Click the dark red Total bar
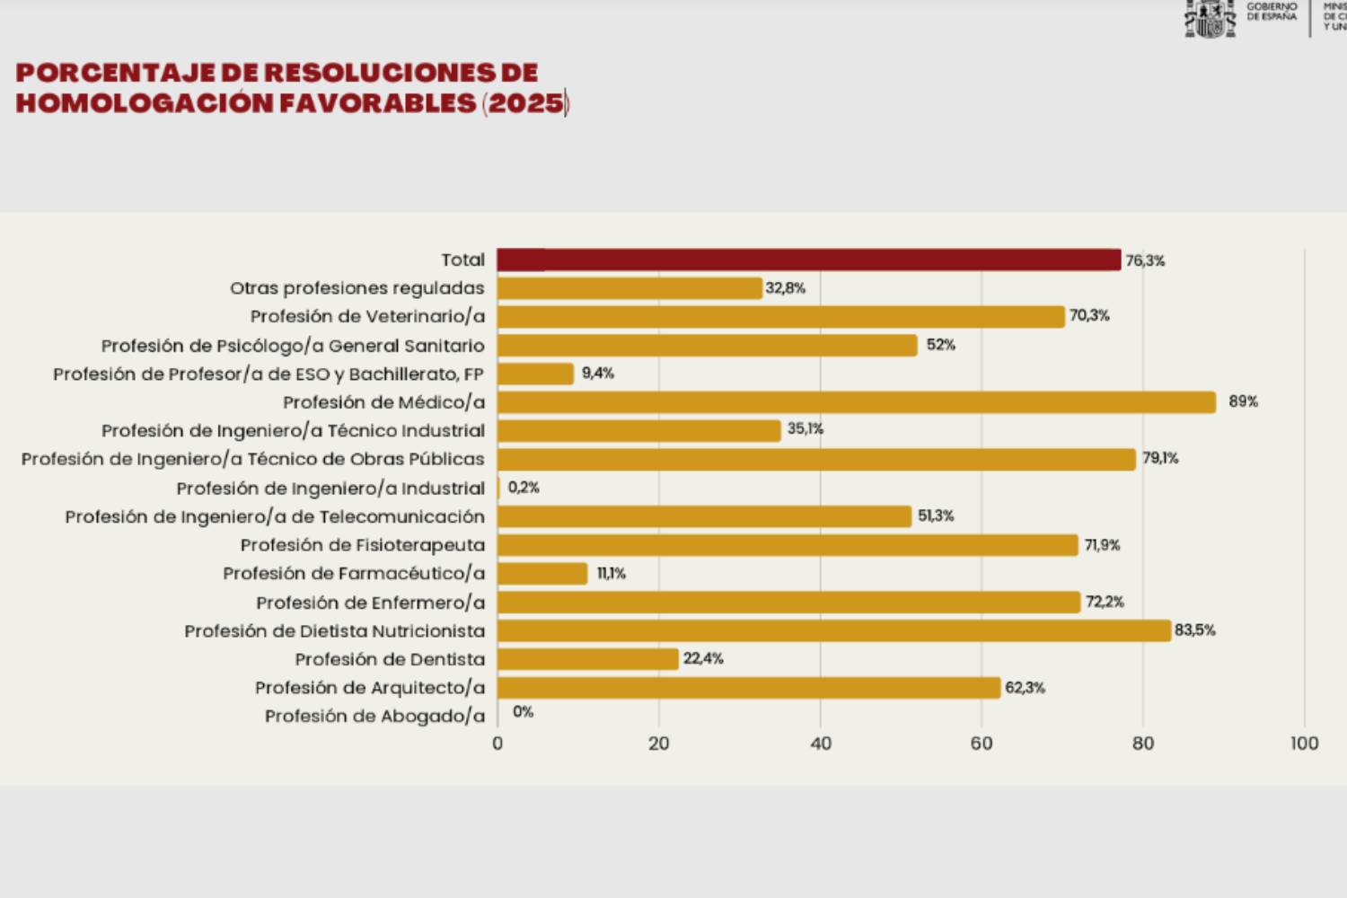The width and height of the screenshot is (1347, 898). click(808, 260)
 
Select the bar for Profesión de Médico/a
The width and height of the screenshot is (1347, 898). click(856, 402)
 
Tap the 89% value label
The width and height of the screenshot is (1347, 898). click(1243, 401)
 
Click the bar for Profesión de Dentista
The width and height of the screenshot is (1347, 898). click(587, 659)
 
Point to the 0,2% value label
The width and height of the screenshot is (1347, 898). click(524, 488)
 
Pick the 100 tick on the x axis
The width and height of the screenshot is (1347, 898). click(1304, 744)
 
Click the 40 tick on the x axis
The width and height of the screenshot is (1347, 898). click(820, 744)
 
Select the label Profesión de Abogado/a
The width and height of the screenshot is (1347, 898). click(374, 717)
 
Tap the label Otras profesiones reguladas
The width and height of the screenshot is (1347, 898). click(357, 288)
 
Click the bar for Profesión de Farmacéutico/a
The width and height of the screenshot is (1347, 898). click(542, 574)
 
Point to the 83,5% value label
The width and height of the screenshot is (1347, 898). click(1194, 630)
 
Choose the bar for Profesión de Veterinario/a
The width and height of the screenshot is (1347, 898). click(780, 317)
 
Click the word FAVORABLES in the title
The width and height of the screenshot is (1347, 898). click(377, 103)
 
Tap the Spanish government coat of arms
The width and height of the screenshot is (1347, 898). click(1210, 18)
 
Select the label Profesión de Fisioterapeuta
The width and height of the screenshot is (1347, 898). click(362, 545)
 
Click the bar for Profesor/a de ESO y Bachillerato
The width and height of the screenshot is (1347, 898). click(535, 374)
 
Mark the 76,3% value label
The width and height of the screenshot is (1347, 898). click(1145, 260)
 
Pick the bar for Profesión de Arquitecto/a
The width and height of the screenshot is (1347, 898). click(748, 688)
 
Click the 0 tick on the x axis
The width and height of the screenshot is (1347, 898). click(497, 744)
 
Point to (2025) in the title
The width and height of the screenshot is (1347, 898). click(526, 103)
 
